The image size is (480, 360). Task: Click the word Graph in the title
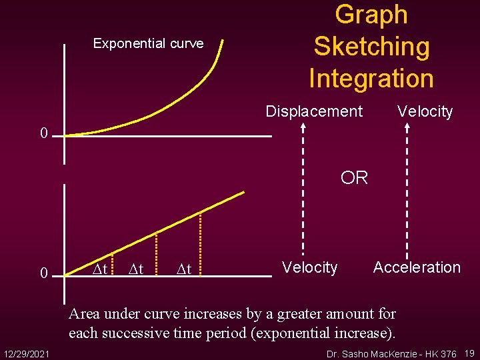point(371,15)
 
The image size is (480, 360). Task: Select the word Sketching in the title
point(371,46)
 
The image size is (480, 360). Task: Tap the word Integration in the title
point(371,78)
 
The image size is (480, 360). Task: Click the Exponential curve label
point(148,43)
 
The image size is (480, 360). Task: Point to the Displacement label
point(314,111)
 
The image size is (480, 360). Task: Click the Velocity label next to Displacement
point(425,111)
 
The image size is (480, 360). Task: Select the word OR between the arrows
point(354,178)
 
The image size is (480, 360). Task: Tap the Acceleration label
point(417,267)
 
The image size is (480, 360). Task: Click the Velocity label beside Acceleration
point(309,267)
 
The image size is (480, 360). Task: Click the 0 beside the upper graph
point(44,134)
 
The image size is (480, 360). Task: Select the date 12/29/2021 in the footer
point(28,352)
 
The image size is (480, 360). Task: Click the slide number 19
point(469,352)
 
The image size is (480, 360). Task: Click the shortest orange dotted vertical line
point(111,263)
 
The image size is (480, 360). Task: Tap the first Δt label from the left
point(100,269)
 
